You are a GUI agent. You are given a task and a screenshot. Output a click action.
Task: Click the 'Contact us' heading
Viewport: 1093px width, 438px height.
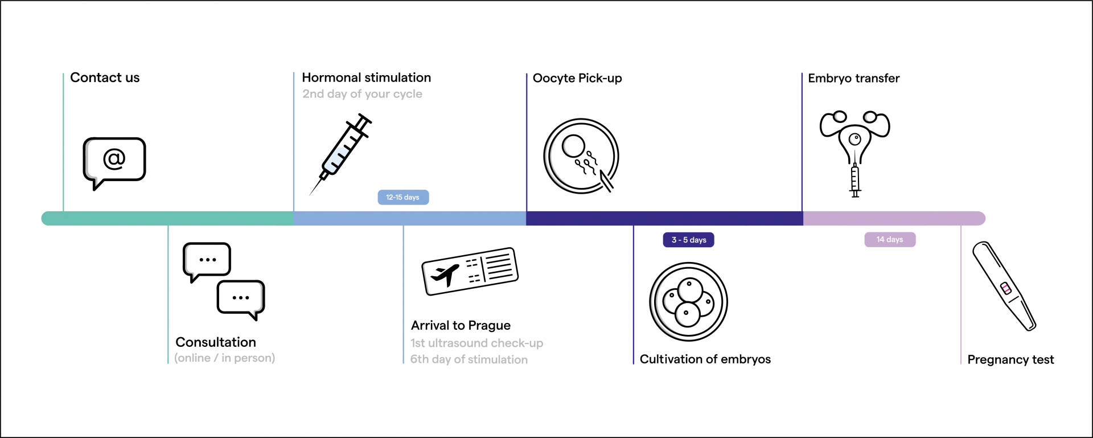pyautogui.click(x=105, y=77)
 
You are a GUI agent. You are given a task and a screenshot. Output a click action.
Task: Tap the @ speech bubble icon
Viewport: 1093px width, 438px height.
pyautogui.click(x=114, y=162)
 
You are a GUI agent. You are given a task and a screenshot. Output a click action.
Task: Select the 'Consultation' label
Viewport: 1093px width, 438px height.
pyautogui.click(x=216, y=342)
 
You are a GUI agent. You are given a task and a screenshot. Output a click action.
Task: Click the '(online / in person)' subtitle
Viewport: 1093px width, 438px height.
pyautogui.click(x=225, y=358)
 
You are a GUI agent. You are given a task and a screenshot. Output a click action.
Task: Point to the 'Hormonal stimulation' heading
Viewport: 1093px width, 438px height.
pyautogui.click(x=367, y=77)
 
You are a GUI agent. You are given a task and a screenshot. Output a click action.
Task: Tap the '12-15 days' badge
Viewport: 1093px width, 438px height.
pyautogui.click(x=403, y=197)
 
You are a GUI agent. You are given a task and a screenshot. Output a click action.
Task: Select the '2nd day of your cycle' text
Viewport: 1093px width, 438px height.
pyautogui.click(x=362, y=94)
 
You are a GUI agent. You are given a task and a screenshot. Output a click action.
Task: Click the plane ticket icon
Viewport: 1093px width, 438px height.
pyautogui.click(x=470, y=271)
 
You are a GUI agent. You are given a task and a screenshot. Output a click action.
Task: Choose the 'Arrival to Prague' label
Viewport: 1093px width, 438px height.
pyautogui.click(x=461, y=325)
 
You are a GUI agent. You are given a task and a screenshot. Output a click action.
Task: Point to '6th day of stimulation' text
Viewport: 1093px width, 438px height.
pyautogui.click(x=469, y=359)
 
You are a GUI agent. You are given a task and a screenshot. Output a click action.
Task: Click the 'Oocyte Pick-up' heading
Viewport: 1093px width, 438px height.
pyautogui.click(x=577, y=78)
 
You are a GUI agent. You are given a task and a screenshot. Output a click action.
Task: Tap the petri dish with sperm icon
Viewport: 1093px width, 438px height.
pyautogui.click(x=581, y=156)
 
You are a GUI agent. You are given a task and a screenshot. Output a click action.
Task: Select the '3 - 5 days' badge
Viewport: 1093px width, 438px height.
pyautogui.click(x=688, y=240)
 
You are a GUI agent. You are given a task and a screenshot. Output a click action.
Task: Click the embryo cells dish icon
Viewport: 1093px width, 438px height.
pyautogui.click(x=689, y=301)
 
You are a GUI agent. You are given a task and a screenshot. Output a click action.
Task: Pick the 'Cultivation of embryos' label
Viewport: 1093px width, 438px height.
pyautogui.click(x=705, y=359)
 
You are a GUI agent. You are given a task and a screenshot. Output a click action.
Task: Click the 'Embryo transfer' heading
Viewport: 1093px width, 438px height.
pyautogui.click(x=854, y=78)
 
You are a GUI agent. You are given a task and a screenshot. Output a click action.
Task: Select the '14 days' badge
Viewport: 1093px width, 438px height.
pyautogui.click(x=890, y=240)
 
